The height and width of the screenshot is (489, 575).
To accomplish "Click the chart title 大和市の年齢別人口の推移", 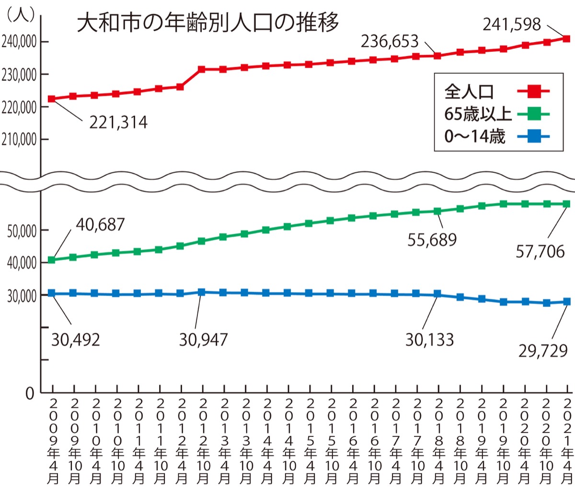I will (208, 23).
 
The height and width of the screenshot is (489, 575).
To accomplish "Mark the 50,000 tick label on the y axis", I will (22, 231).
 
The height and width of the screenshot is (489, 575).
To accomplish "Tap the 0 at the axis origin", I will (30, 394).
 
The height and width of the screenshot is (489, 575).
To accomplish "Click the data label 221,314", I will (118, 123).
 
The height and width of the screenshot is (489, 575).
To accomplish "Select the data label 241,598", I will (511, 24).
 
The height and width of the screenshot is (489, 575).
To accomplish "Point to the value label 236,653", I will (390, 42).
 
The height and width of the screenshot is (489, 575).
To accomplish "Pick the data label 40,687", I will (100, 224).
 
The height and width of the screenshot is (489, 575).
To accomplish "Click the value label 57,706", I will (540, 251).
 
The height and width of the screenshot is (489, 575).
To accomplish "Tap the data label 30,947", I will (203, 340).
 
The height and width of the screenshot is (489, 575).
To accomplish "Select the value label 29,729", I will (543, 351).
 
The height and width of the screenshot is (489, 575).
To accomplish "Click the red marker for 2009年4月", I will (52, 99).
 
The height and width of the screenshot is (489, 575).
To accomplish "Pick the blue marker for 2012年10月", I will (202, 292).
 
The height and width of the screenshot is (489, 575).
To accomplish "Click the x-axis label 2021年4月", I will (567, 441).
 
